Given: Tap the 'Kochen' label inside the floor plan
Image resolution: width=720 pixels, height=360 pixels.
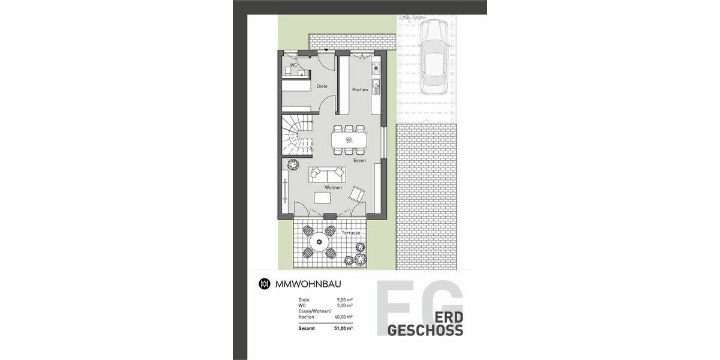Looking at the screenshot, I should point(360,90).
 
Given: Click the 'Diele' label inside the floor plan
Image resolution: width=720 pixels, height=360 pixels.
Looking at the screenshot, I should point(322,86).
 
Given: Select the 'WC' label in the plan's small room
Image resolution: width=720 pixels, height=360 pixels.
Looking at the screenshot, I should point(294,65).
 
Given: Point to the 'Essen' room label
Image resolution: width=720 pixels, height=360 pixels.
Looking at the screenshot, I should point(359,160).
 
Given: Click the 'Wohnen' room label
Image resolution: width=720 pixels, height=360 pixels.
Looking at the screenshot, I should point(334,188).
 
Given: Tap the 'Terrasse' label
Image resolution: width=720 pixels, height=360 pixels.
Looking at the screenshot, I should point(351,232).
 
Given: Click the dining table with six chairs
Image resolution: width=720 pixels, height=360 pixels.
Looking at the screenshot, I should point(349,140).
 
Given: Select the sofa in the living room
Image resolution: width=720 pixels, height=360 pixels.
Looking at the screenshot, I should point(327,175).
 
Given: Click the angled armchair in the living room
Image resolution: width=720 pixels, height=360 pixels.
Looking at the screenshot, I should point(358,194).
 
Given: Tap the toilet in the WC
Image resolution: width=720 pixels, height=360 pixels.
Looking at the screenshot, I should point(289,72).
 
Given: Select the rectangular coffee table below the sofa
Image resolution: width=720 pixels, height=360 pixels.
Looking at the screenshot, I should point(322,198).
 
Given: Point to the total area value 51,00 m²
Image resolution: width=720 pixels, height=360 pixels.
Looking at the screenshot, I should point(342,328).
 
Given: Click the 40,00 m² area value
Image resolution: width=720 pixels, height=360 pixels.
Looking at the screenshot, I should point(342,317).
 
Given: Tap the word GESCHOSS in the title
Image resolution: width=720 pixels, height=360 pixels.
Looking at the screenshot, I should point(425,331).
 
